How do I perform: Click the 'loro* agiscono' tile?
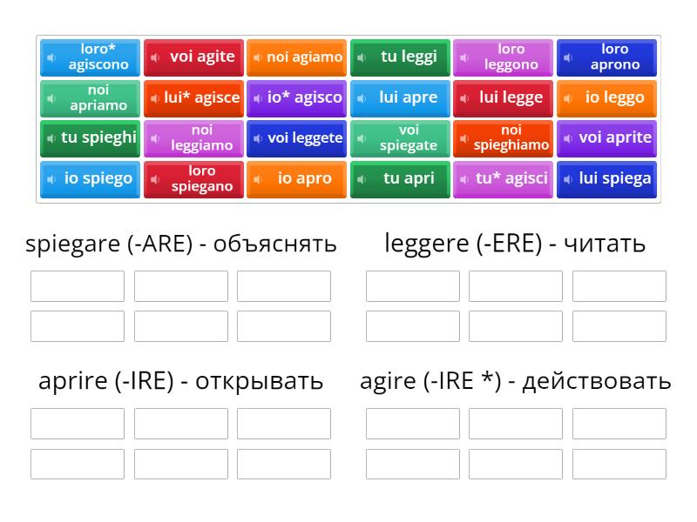pyautogui.click(x=90, y=57)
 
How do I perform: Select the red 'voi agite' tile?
pyautogui.click(x=193, y=57)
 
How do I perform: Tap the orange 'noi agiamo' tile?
pyautogui.click(x=296, y=57)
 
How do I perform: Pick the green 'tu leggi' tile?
pyautogui.click(x=400, y=57)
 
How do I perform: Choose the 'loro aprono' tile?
pyautogui.click(x=606, y=57)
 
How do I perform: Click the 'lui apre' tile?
pyautogui.click(x=400, y=98)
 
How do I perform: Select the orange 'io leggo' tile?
pyautogui.click(x=606, y=98)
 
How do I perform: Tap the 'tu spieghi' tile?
pyautogui.click(x=90, y=138)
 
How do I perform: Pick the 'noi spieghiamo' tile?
pyautogui.click(x=503, y=138)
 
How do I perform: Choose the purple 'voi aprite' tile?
pyautogui.click(x=606, y=138)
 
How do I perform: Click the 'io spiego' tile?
pyautogui.click(x=90, y=179)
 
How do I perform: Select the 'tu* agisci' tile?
pyautogui.click(x=503, y=179)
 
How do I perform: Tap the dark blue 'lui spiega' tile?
pyautogui.click(x=606, y=179)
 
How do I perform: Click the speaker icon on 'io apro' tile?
pyautogui.click(x=257, y=179)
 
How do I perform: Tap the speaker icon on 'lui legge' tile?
pyautogui.click(x=464, y=98)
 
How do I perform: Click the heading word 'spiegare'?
pyautogui.click(x=72, y=244)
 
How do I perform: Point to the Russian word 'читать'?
pyautogui.click(x=605, y=244)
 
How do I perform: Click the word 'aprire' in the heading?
pyautogui.click(x=73, y=382)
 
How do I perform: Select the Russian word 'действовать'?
pyautogui.click(x=597, y=382)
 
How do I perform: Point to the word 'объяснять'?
pyautogui.click(x=274, y=244)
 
